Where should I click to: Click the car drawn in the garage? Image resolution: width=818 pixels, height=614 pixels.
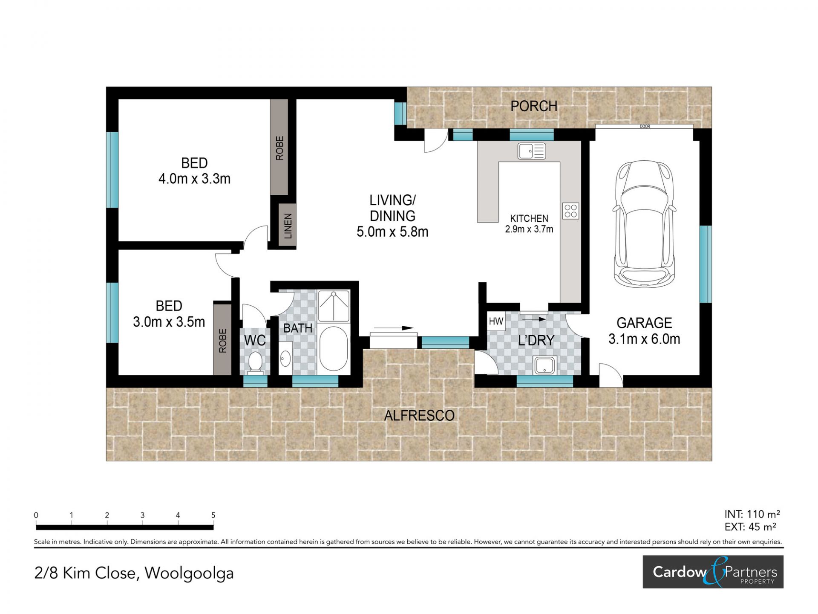(x=644, y=223)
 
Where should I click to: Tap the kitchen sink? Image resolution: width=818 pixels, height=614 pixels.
(x=532, y=151)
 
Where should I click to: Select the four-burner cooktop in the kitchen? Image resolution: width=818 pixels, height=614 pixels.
(x=570, y=211)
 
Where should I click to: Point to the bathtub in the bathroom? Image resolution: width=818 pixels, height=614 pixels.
(x=333, y=349)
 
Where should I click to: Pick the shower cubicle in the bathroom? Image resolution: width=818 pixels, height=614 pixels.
(x=334, y=306)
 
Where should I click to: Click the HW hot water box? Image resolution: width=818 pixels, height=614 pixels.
(x=496, y=321)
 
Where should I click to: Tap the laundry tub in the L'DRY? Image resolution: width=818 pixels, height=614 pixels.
(x=545, y=365)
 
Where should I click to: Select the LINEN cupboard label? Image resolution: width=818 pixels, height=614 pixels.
(x=288, y=226)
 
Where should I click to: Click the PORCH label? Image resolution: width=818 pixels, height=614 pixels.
(x=534, y=106)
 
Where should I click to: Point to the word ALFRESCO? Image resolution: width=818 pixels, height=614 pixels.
(x=419, y=415)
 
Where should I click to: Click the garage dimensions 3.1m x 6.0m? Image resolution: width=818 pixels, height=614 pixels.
(x=644, y=339)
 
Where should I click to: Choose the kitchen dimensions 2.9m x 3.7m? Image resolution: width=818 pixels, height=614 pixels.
(x=529, y=229)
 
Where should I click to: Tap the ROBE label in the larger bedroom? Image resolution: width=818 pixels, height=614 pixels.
(x=279, y=148)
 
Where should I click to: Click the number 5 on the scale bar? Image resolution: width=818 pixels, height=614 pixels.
(x=213, y=515)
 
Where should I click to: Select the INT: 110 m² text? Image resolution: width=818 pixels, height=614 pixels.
(x=752, y=514)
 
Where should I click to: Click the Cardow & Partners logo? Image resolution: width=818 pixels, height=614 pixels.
(x=713, y=572)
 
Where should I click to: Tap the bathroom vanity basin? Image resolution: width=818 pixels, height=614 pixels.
(x=285, y=359)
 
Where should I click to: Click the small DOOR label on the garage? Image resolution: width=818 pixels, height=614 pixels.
(x=645, y=127)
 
